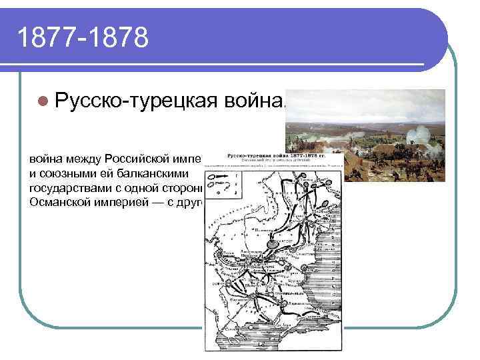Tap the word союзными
[x=66, y=173]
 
